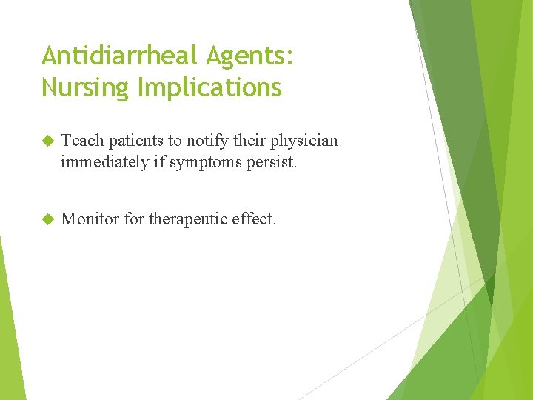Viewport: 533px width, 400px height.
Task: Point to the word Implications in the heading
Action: pyautogui.click(x=209, y=87)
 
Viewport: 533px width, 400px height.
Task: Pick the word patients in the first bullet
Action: pyautogui.click(x=134, y=141)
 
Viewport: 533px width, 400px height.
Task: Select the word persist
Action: pyautogui.click(x=274, y=162)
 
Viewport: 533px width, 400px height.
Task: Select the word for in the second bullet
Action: pyautogui.click(x=134, y=219)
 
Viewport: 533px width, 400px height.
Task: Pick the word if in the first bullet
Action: pyautogui.click(x=160, y=162)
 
